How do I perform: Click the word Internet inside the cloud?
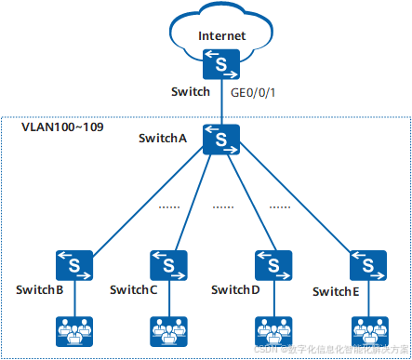point(221,36)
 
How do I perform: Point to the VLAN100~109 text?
point(62,126)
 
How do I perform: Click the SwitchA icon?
point(221,140)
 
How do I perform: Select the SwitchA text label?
point(164,139)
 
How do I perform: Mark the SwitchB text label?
point(39,290)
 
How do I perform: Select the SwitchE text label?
point(336,292)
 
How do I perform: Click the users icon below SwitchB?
point(73,329)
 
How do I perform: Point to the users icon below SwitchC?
point(168,329)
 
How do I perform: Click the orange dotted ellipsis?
point(279,206)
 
